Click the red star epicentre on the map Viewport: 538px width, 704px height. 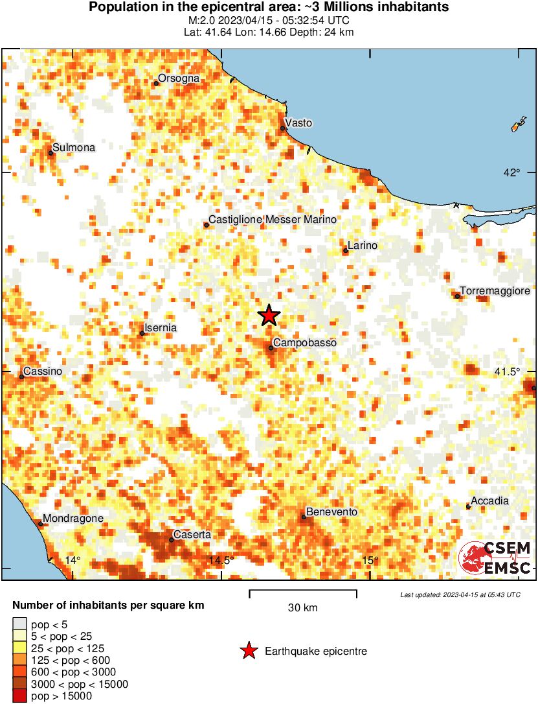tap(269, 316)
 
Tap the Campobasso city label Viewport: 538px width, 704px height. tap(304, 342)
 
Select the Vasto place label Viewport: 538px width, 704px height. tap(298, 123)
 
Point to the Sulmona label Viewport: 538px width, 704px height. tap(74, 148)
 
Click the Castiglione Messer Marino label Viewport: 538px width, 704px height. tap(273, 220)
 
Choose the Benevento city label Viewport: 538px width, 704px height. tap(331, 511)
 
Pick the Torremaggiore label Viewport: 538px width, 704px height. tap(495, 291)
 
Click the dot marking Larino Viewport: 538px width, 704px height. tap(346, 250)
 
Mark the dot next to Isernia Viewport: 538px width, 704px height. tap(142, 333)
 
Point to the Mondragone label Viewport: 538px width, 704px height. tap(74, 519)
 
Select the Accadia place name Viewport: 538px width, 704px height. tap(489, 500)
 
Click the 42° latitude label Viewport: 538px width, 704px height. tap(512, 172)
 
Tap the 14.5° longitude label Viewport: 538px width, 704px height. tap(221, 561)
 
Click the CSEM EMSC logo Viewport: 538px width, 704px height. tap(495, 558)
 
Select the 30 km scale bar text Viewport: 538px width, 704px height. tap(302, 608)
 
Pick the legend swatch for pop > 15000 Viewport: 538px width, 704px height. tap(20, 696)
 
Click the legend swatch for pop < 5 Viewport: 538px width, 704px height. tap(20, 624)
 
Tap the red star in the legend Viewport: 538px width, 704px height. tap(249, 651)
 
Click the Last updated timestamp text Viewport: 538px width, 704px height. tap(460, 594)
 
